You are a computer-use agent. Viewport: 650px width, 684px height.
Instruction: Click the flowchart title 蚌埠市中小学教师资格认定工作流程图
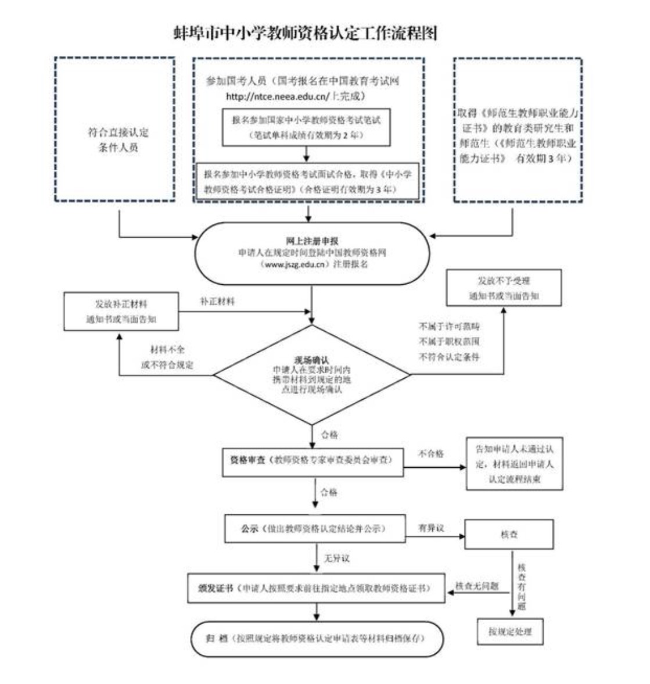click(x=306, y=33)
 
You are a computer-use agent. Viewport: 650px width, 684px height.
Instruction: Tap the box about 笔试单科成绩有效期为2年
click(x=306, y=127)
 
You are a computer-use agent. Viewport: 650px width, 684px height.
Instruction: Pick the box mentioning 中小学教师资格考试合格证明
click(x=307, y=181)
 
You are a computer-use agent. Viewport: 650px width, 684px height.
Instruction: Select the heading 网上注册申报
click(x=312, y=241)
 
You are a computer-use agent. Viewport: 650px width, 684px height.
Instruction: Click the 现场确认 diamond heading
click(x=311, y=360)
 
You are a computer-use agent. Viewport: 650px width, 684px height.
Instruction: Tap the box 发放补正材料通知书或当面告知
click(x=121, y=311)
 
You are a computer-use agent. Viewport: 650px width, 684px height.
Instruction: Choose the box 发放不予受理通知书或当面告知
click(x=504, y=288)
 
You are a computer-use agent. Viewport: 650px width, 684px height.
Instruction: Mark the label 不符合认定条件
click(x=449, y=357)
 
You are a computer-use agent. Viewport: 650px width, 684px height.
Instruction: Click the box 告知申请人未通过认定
click(x=514, y=464)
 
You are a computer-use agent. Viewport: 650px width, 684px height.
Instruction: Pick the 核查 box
click(x=509, y=534)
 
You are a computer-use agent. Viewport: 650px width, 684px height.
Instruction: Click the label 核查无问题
click(x=477, y=586)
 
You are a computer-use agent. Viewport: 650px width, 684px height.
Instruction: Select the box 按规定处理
click(x=509, y=631)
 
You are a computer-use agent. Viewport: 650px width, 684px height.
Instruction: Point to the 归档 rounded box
click(x=317, y=638)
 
